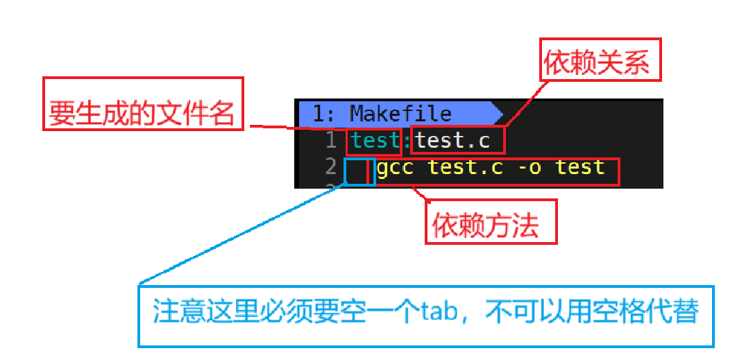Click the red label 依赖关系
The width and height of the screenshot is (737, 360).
[x=596, y=64]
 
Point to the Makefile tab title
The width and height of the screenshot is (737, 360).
[x=400, y=113]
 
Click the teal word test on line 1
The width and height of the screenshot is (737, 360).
[x=375, y=141]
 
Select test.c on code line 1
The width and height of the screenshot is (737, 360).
[x=452, y=141]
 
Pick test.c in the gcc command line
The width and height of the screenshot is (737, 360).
[x=466, y=167]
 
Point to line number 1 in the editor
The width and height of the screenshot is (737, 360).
[x=332, y=141]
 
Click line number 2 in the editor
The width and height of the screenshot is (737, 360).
[x=331, y=167]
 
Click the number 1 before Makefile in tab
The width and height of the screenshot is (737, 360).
[x=319, y=113]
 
